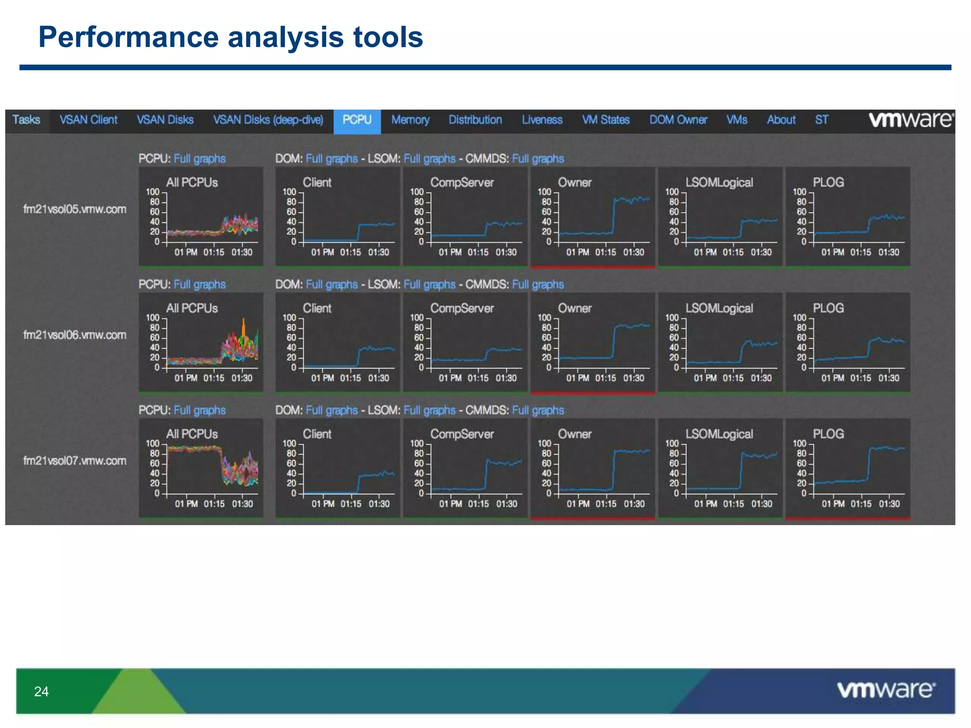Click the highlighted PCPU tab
[x=357, y=120]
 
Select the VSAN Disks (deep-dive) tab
[x=268, y=120]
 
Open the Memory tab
[x=410, y=120]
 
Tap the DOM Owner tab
[x=678, y=120]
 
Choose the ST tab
[x=821, y=120]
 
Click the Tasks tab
[x=26, y=120]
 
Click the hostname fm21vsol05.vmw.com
[x=75, y=209]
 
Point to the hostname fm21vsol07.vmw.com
[x=75, y=461]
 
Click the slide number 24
[x=41, y=692]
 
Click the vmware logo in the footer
[x=886, y=690]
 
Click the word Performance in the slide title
[x=128, y=37]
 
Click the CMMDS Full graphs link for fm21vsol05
[x=538, y=159]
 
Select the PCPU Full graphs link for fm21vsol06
[x=200, y=284]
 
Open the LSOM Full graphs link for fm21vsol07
[x=429, y=410]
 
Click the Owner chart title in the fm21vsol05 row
[x=574, y=182]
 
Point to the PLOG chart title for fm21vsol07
[x=828, y=434]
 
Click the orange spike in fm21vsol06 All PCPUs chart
[x=244, y=327]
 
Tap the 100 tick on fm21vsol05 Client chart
[x=289, y=192]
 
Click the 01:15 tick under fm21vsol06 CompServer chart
[x=478, y=378]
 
